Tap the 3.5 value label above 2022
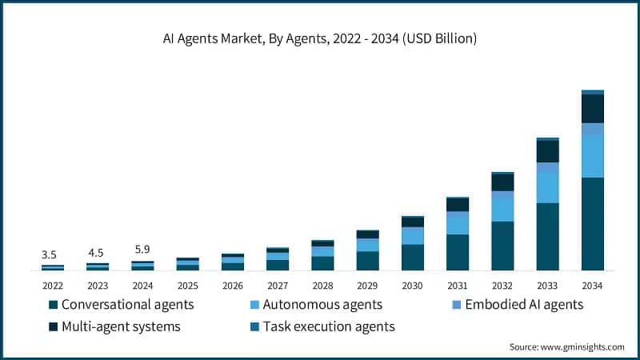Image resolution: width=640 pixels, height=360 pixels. click(49, 255)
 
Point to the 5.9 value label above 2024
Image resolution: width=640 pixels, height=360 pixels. click(142, 249)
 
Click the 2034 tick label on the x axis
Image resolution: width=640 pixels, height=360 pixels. click(592, 286)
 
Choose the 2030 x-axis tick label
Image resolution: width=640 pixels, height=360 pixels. click(412, 286)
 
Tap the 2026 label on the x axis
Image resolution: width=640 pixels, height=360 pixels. click(232, 286)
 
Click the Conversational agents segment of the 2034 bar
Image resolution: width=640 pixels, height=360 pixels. click(592, 224)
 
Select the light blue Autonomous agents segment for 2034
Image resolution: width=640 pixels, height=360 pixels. click(592, 157)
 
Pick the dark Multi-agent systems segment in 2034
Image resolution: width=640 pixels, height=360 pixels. click(592, 109)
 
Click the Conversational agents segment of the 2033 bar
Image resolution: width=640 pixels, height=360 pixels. click(547, 237)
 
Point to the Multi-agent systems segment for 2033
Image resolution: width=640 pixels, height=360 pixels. click(547, 151)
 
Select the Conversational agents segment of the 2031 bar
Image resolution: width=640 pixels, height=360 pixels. click(458, 252)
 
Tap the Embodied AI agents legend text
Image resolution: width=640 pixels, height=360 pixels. click(526, 305)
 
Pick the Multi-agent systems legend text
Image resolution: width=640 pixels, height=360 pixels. click(121, 326)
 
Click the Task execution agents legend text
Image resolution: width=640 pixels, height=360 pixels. click(329, 326)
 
